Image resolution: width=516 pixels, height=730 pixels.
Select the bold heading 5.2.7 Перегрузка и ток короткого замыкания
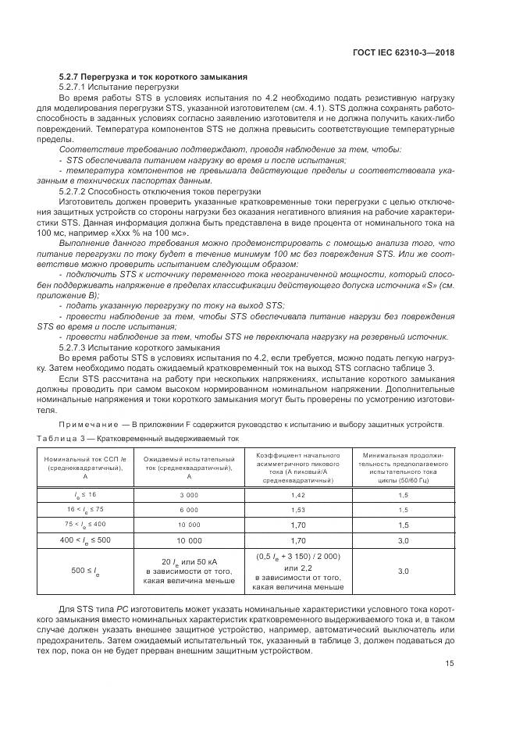point(153,77)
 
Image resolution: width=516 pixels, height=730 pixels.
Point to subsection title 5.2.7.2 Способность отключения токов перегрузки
point(160,191)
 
